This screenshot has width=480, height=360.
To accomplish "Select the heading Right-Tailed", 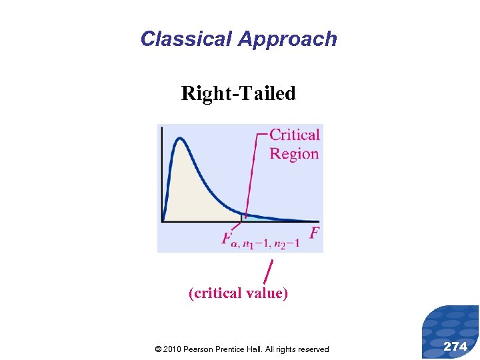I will point(238,93).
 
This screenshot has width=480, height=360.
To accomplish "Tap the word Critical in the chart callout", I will point(295,135).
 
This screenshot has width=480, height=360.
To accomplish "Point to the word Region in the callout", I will point(294,153).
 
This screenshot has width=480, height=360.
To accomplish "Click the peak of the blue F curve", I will point(179,139).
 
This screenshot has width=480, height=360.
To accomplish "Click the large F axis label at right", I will point(315,233).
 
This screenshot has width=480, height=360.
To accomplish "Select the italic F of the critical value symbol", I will point(227,237).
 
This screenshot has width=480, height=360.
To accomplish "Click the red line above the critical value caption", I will point(268,271).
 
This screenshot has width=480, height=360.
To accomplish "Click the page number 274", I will point(455,346).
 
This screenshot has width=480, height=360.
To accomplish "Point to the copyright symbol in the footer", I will point(157,349).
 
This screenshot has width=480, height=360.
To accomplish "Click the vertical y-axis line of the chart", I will point(162,173).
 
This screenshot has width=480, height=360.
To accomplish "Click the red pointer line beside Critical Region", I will point(251,173).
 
